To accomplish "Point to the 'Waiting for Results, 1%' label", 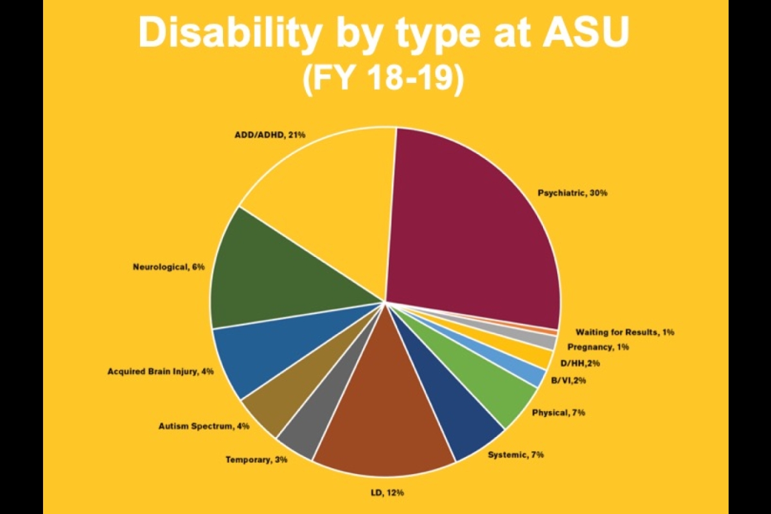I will pos(625,332).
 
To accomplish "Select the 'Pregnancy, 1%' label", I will pos(598,347).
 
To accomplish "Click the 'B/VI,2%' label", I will pos(568,380).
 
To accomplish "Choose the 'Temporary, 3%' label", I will pos(256,459).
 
